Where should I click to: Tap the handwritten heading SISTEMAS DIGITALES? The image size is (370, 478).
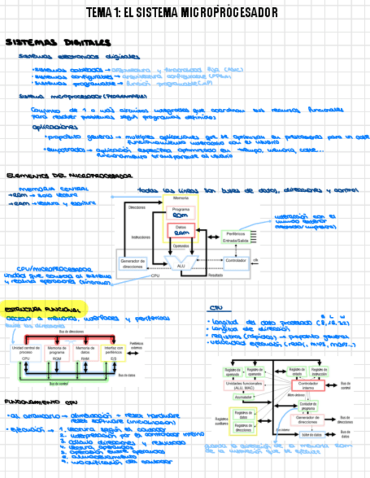click(58, 43)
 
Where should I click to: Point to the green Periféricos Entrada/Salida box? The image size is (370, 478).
click(235, 237)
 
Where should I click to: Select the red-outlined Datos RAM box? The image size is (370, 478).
click(180, 230)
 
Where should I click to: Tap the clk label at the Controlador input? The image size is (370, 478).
click(256, 259)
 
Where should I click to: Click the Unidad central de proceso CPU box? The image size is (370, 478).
click(25, 353)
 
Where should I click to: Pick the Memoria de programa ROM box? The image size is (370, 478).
click(57, 353)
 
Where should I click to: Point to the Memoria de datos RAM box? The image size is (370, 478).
click(85, 353)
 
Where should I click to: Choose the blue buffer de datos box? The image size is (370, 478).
click(307, 435)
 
